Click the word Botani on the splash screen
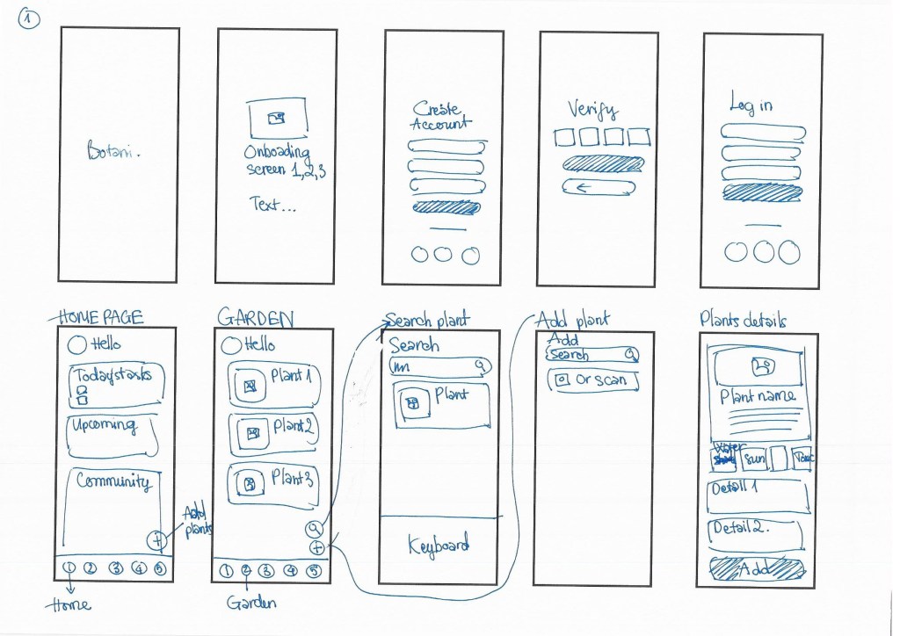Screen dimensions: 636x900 [113, 151]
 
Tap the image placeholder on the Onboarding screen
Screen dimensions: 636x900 [277, 117]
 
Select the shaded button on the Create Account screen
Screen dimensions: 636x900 [446, 208]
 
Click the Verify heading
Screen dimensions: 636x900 [592, 110]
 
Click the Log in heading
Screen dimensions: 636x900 [751, 105]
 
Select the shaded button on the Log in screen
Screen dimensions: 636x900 [761, 192]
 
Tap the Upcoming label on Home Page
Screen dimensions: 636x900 [105, 426]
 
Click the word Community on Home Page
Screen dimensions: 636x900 [112, 481]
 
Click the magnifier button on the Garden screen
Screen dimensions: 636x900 [315, 529]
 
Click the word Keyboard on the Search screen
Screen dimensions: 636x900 [439, 546]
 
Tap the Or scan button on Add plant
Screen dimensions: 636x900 [592, 380]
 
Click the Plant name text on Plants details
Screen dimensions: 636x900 [758, 396]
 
